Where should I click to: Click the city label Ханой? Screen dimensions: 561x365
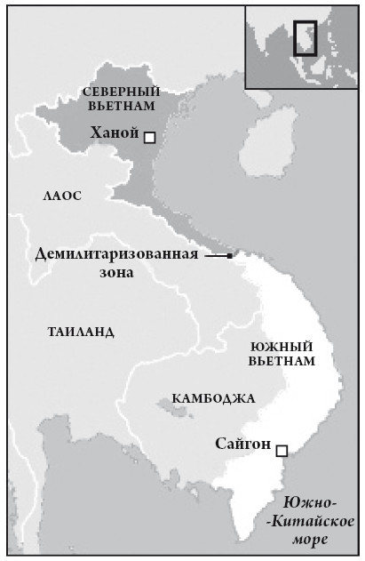(115, 134)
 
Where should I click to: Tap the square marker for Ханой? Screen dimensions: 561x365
(149, 137)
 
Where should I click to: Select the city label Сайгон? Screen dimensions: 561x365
(242, 444)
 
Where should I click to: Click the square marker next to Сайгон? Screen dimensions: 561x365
(282, 451)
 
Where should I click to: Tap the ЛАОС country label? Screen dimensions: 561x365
(61, 195)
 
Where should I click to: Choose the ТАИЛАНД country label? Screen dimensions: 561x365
(80, 332)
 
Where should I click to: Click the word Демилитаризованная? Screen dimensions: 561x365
(115, 253)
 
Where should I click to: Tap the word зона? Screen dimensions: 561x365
(116, 273)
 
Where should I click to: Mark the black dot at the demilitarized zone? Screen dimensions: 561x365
(230, 256)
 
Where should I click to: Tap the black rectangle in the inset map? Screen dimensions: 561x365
(305, 37)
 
